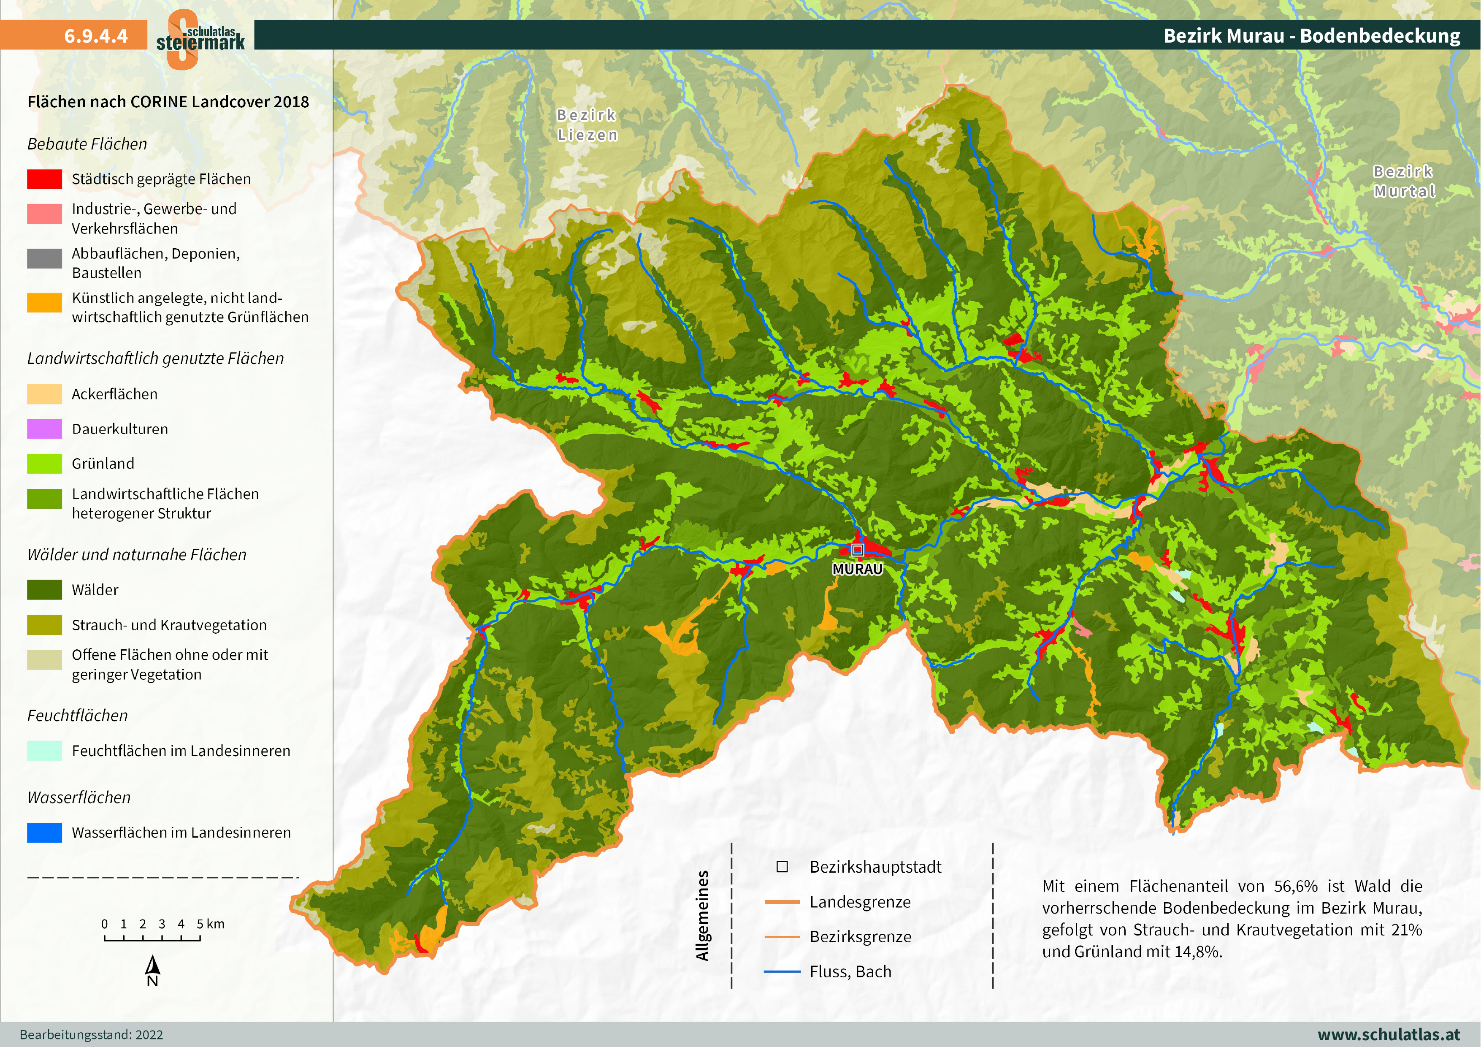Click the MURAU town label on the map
(x=857, y=569)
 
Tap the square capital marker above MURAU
(x=857, y=550)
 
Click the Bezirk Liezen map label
(x=587, y=125)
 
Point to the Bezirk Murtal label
(x=1404, y=181)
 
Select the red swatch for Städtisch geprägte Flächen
(x=44, y=179)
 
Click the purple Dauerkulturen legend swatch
(x=44, y=429)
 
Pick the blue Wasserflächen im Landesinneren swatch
(x=44, y=832)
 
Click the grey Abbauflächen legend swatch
(x=44, y=258)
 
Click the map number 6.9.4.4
(x=95, y=35)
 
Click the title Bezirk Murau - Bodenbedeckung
(x=1311, y=35)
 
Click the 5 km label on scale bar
(x=211, y=924)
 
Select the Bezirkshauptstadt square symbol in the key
(x=782, y=866)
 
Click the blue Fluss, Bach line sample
(x=782, y=971)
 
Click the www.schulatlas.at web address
(x=1388, y=1034)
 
